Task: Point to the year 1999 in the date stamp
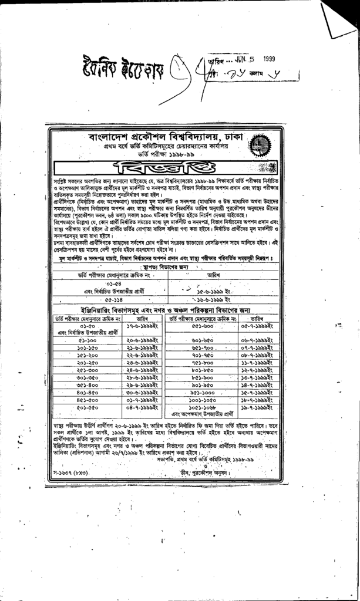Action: pos(269,59)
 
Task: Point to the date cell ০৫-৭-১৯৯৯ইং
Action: pos(257,325)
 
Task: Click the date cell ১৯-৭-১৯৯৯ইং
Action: pos(257,407)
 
